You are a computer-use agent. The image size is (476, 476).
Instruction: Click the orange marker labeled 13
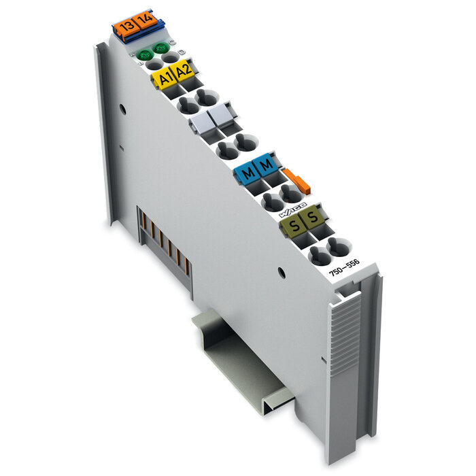(x=125, y=27)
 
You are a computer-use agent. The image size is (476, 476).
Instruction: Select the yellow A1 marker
(x=164, y=78)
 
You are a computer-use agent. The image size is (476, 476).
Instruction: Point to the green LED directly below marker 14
(x=161, y=48)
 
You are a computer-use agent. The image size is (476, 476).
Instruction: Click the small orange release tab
(x=298, y=182)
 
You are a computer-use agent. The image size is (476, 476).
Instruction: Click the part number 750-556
(x=345, y=269)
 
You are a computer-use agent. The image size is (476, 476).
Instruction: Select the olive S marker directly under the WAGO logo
(x=311, y=217)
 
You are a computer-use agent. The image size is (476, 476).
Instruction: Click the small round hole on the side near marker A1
(x=121, y=107)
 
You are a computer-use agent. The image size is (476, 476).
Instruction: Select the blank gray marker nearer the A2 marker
(x=200, y=122)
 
